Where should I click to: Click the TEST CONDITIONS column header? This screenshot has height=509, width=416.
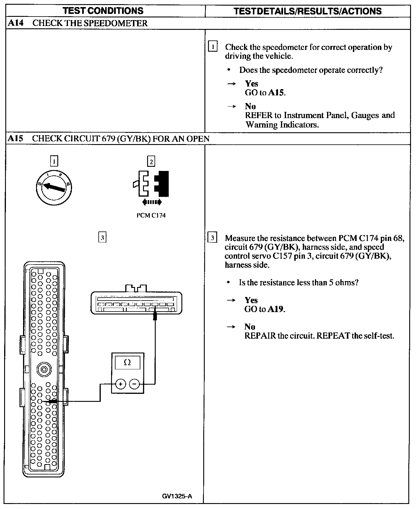coord(103,11)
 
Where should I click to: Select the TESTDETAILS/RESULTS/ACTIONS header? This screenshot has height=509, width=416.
coord(307,11)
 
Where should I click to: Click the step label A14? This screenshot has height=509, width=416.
coord(15,23)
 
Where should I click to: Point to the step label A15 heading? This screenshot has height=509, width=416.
coord(15,138)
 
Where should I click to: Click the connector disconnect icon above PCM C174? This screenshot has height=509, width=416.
coord(151,184)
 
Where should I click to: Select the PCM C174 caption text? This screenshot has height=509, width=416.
coord(151,216)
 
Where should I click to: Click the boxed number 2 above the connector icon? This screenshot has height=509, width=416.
coord(151,161)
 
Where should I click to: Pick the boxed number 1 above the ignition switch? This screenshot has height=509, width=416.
coord(54,161)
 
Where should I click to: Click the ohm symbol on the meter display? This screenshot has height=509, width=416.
coord(127,362)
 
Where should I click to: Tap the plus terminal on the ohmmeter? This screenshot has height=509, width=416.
coord(121,384)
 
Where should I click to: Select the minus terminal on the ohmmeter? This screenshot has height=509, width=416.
coord(134,384)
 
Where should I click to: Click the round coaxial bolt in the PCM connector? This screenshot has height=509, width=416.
coord(44,369)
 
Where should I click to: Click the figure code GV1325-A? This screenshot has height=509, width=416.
coord(177,496)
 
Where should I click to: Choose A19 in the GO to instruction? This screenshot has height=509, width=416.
coord(276,309)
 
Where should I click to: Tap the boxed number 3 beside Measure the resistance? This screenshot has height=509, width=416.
coord(212,238)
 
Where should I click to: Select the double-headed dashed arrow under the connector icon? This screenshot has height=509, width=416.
coord(152,202)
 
